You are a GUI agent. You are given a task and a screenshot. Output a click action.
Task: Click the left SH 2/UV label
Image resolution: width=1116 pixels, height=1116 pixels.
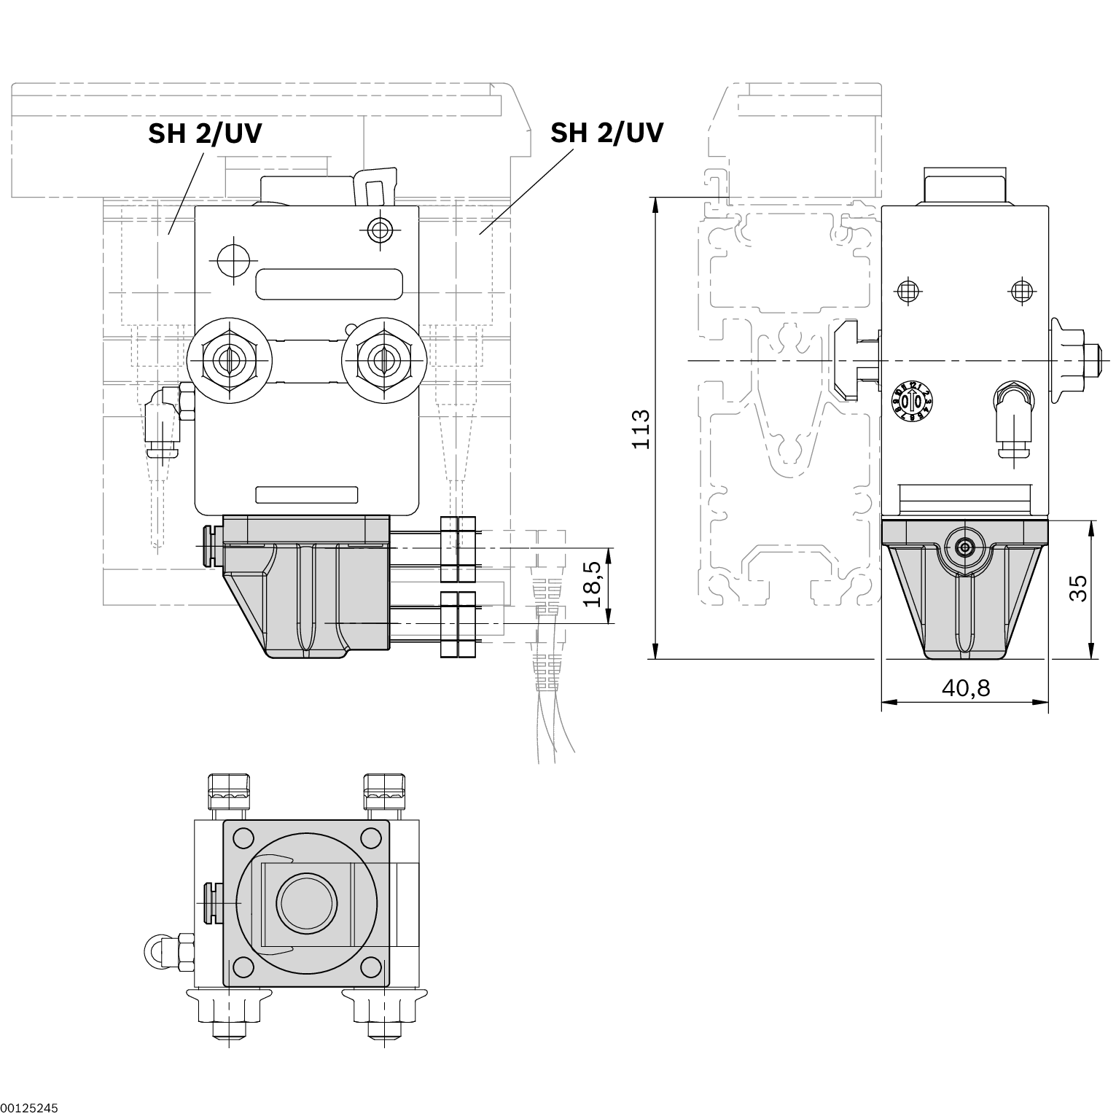click(205, 133)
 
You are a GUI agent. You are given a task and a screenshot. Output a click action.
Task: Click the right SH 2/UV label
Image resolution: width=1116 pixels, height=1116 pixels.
click(606, 133)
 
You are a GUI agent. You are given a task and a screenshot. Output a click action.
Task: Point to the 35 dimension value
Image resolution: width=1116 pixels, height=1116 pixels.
click(1078, 589)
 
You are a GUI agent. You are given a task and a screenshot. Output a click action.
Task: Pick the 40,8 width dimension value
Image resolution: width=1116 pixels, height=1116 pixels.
click(966, 687)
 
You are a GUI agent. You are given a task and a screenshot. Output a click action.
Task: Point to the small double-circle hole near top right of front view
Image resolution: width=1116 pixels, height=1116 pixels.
click(379, 230)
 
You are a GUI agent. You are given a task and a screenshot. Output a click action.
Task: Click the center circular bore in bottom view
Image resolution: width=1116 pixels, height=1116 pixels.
click(306, 904)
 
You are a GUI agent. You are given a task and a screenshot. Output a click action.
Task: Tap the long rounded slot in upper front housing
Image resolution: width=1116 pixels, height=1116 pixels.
click(329, 284)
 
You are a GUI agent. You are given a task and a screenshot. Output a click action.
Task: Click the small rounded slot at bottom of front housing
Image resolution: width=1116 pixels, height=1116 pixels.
click(306, 495)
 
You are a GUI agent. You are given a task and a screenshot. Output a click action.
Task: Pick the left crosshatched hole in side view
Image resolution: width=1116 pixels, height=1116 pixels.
click(907, 291)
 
